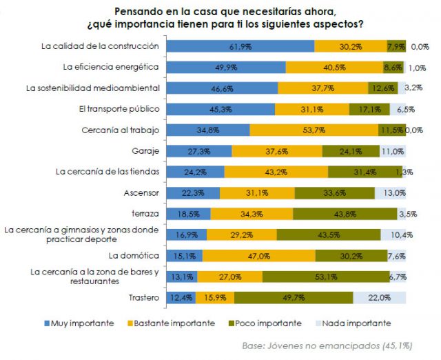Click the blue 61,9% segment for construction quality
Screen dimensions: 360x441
tap(240, 46)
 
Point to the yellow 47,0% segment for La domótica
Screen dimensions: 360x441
tap(258, 256)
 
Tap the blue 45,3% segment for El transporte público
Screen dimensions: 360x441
tap(220, 109)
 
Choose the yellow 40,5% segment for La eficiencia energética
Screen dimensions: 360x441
tap(334, 67)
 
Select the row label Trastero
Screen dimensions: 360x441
tap(144, 297)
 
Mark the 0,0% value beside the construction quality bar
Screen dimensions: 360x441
tap(420, 47)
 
